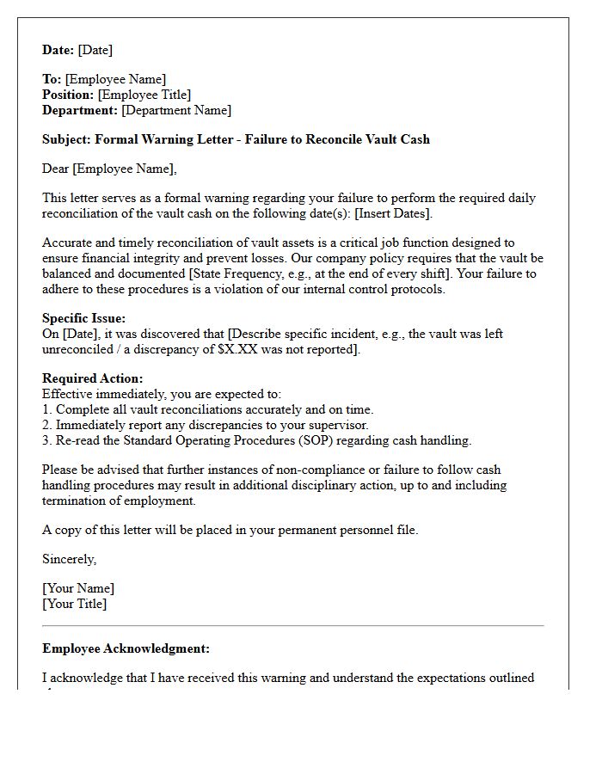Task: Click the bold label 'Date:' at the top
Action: coord(58,50)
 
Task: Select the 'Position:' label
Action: coord(68,95)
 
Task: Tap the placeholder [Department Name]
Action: coord(176,110)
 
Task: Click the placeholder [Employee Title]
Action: coord(144,95)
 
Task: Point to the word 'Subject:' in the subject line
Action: coord(66,139)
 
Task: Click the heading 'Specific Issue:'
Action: coord(83,318)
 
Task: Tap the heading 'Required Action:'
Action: coord(93,378)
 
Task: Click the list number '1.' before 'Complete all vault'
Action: coord(47,409)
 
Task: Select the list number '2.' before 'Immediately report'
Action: coord(47,425)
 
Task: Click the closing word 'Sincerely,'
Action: coord(70,559)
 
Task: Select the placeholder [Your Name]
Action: coord(78,588)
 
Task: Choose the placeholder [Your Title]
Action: coord(75,604)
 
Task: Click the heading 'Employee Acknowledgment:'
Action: coord(126,648)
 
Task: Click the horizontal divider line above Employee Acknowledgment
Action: coord(292,625)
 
